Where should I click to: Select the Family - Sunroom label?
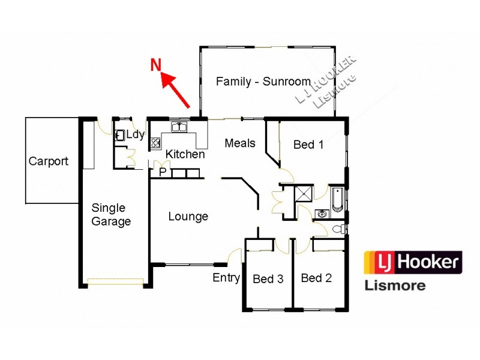pyautogui.click(x=263, y=81)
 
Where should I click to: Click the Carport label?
pyautogui.click(x=49, y=161)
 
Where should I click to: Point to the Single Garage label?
pyautogui.click(x=110, y=215)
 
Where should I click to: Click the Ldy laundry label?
pyautogui.click(x=135, y=134)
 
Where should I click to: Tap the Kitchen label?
pyautogui.click(x=185, y=154)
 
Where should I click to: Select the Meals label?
pyautogui.click(x=240, y=143)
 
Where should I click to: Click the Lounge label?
pyautogui.click(x=188, y=216)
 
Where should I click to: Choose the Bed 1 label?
pyautogui.click(x=308, y=145)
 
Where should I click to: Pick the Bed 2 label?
pyautogui.click(x=316, y=278)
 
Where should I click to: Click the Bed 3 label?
pyautogui.click(x=268, y=278)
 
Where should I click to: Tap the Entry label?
pyautogui.click(x=226, y=278)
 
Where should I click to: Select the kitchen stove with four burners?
pyautogui.click(x=155, y=143)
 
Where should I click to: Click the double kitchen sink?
pyautogui.click(x=178, y=127)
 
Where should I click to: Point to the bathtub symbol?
pyautogui.click(x=337, y=200)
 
